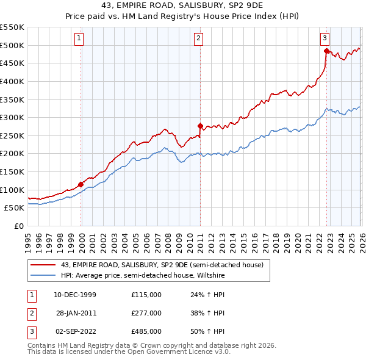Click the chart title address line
(182, 6)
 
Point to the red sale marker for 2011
(200, 126)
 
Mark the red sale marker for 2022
(326, 51)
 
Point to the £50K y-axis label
(15, 208)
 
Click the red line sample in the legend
(43, 265)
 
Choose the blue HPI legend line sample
(43, 275)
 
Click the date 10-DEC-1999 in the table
(74, 295)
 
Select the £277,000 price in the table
(146, 313)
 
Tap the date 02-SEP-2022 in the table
(74, 331)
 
